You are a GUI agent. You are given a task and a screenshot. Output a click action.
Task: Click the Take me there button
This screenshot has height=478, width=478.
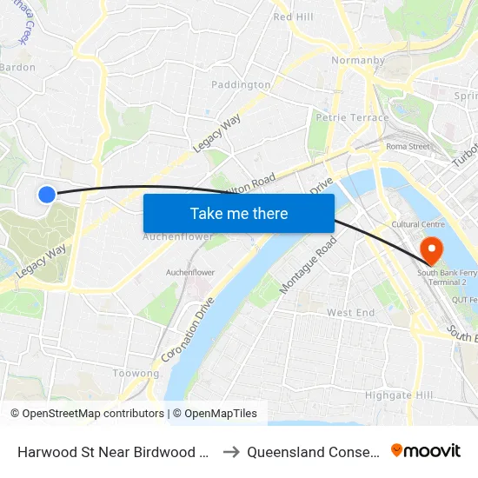(x=239, y=213)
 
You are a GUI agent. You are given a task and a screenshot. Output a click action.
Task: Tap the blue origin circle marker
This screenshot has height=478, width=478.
(x=47, y=195)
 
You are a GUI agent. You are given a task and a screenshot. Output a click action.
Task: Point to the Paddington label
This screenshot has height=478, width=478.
(x=241, y=84)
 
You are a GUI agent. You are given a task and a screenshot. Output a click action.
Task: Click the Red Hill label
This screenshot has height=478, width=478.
(x=293, y=17)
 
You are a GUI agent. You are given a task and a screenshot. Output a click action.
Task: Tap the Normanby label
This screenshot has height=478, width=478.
(x=352, y=61)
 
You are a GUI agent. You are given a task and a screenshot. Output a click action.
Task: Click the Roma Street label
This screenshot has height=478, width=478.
(x=408, y=147)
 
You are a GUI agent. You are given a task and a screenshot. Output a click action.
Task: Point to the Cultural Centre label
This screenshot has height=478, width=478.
(x=419, y=224)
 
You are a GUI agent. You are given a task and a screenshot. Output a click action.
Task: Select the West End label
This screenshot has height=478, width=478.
(x=350, y=312)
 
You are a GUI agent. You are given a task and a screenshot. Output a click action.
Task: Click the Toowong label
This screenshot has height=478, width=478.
(x=136, y=373)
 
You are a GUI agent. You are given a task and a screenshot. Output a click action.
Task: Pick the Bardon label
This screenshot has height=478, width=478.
(x=17, y=67)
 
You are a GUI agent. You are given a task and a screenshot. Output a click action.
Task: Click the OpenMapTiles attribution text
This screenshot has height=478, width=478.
(x=221, y=414)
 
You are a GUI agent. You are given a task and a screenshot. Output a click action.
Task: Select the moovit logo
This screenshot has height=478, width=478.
(x=426, y=451)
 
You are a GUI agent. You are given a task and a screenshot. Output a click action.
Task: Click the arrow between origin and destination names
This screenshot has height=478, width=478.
(x=231, y=452)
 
